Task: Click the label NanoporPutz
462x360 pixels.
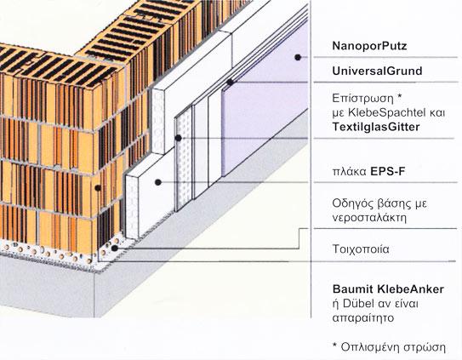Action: [x=369, y=46]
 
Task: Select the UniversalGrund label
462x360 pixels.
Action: [x=377, y=71]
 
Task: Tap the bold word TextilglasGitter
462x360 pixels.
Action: [x=376, y=127]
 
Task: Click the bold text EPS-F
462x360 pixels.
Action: [x=388, y=171]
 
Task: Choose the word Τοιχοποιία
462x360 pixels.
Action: [x=361, y=249]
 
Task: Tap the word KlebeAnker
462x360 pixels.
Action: [x=410, y=289]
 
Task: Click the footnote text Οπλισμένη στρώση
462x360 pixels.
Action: [x=393, y=347]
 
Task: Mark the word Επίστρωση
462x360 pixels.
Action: [x=363, y=98]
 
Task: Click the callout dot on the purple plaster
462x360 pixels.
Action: [x=298, y=58]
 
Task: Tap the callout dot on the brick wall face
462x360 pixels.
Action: [x=98, y=188]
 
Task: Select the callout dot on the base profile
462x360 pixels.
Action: [x=115, y=249]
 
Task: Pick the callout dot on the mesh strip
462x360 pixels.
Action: [x=178, y=138]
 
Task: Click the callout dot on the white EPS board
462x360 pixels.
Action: [x=158, y=182]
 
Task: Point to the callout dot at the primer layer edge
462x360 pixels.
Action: [x=230, y=83]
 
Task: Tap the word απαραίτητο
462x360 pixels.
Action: [x=363, y=318]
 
